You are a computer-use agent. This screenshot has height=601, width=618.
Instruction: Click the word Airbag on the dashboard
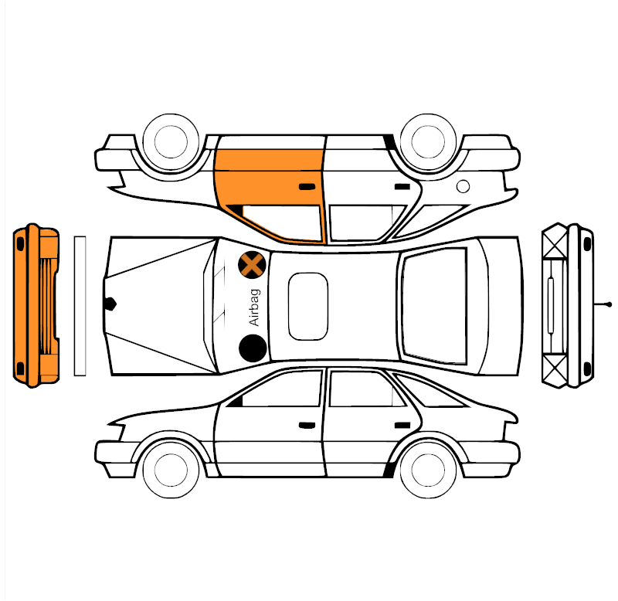[x=255, y=307]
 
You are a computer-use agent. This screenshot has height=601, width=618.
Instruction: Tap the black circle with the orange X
[x=252, y=265]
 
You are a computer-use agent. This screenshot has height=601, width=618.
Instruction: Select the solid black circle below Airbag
[x=253, y=348]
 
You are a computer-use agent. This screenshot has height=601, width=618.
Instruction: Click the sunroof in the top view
[x=308, y=306]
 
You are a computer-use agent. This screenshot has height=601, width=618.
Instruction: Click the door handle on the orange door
[x=307, y=186]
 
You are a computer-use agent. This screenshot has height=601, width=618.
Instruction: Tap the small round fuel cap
[x=463, y=186]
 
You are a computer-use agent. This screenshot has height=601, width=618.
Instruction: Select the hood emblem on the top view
[x=110, y=304]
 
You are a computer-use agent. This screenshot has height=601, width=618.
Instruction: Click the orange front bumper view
[x=36, y=306]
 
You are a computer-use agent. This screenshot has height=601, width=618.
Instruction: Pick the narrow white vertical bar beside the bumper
[x=80, y=306]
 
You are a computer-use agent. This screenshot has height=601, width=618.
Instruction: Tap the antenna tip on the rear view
[x=610, y=304]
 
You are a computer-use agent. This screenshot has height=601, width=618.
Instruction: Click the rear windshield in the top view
[x=434, y=306]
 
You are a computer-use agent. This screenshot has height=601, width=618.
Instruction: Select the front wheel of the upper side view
[x=171, y=141]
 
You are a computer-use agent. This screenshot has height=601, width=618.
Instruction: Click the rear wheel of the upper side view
[x=428, y=141]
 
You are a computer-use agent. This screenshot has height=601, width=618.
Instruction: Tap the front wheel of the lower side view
[x=171, y=470]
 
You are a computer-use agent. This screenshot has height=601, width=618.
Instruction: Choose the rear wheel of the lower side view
[x=428, y=470]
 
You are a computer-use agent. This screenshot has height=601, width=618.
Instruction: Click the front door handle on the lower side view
[x=307, y=425]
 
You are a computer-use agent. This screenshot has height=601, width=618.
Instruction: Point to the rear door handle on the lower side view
[x=402, y=425]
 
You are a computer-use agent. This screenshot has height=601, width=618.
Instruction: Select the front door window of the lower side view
[x=276, y=389]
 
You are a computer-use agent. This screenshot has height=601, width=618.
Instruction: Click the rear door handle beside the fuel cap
[x=402, y=186]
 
